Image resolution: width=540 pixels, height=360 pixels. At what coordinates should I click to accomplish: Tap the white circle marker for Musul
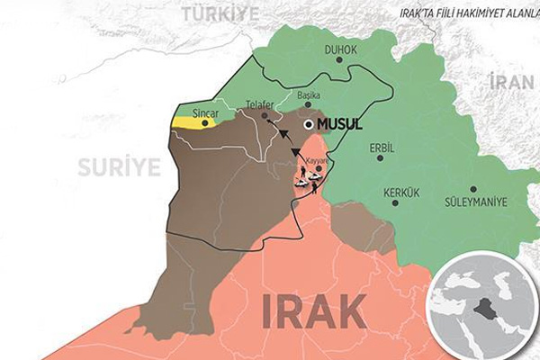309,124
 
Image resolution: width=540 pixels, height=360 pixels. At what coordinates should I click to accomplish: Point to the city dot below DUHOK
339,59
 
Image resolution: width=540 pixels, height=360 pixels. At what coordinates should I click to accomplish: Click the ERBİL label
382,147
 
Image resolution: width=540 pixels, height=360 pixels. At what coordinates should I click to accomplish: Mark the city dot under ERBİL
380,157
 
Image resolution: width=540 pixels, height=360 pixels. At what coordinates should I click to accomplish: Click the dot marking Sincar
205,123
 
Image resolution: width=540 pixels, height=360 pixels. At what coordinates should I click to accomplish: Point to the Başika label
309,93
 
